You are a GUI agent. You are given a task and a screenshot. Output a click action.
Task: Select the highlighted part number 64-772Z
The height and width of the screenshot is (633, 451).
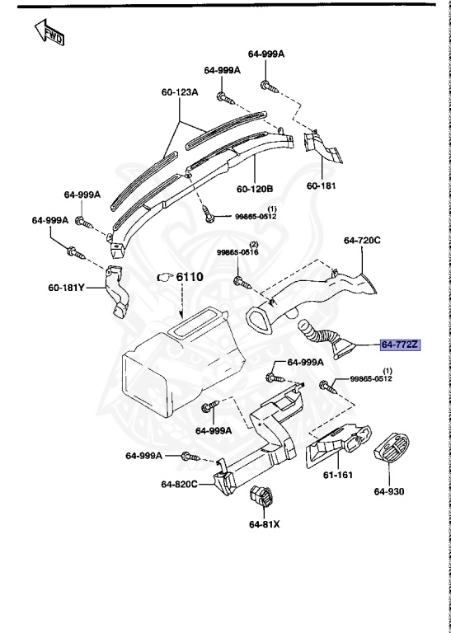coord(400,345)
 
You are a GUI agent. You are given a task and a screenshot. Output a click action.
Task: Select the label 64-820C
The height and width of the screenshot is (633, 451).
coord(178,484)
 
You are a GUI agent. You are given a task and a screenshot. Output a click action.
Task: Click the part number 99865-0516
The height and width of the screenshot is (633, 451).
coord(237,253)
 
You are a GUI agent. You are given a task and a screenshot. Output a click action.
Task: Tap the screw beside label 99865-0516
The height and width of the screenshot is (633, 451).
coord(241,282)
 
